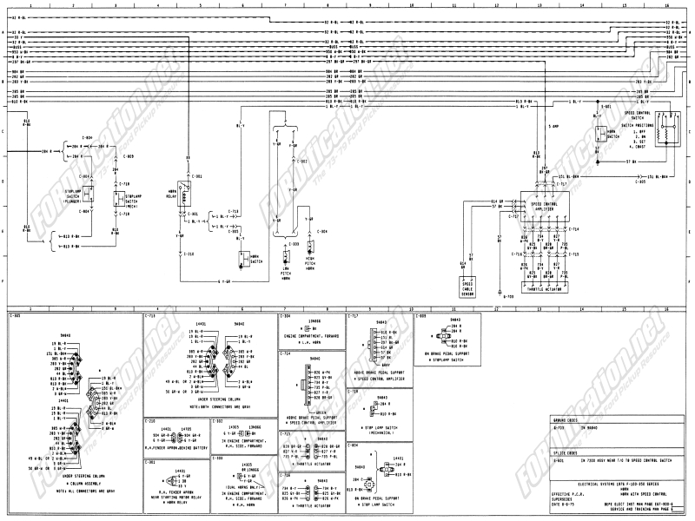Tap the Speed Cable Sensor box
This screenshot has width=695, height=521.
pos(467,287)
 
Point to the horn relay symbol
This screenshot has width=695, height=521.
pos(183,188)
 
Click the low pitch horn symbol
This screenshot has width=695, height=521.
pos(284,257)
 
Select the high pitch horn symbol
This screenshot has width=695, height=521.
pos(309,257)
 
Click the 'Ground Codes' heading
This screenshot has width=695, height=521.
pos(564,421)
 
